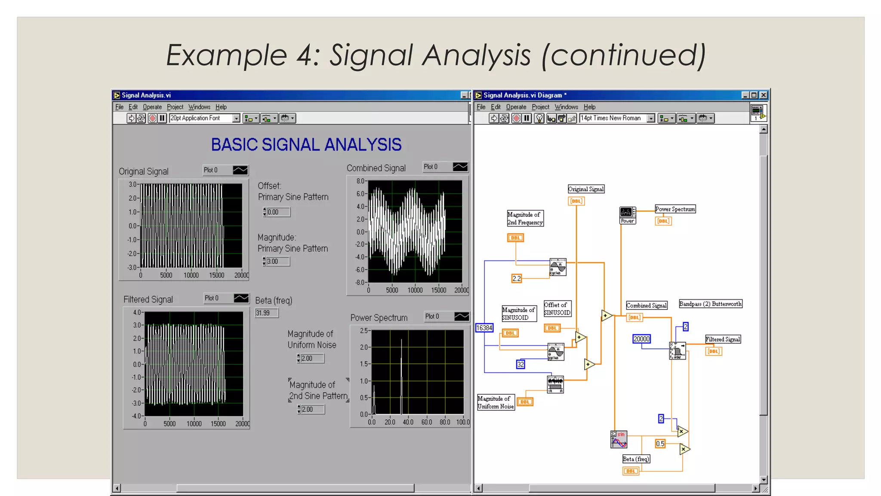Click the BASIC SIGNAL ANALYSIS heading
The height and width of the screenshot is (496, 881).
pyautogui.click(x=306, y=145)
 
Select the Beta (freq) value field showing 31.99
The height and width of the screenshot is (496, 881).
pyautogui.click(x=266, y=313)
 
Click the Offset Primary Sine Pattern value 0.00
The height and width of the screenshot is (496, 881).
pyautogui.click(x=277, y=212)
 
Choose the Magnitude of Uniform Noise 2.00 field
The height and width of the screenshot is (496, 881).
pyautogui.click(x=311, y=358)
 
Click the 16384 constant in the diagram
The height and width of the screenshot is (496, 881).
pyautogui.click(x=484, y=328)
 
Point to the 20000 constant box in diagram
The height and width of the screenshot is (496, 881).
pyautogui.click(x=641, y=339)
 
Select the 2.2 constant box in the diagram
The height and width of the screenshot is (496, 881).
pyautogui.click(x=517, y=279)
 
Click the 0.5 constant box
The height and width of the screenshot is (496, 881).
pyautogui.click(x=660, y=443)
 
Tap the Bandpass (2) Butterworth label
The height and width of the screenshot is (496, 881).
pyautogui.click(x=710, y=304)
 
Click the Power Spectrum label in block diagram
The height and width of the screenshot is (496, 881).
pyautogui.click(x=675, y=209)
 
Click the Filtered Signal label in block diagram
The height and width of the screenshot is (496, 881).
pyautogui.click(x=723, y=339)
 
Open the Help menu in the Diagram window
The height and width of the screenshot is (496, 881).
pyautogui.click(x=589, y=107)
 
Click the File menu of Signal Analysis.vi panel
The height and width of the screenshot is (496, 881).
pyautogui.click(x=119, y=107)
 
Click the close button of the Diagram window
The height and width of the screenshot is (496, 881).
pyautogui.click(x=764, y=95)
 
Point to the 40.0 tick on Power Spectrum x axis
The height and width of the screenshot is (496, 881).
pyautogui.click(x=408, y=422)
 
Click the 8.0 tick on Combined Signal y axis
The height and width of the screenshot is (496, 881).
pyautogui.click(x=360, y=181)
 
